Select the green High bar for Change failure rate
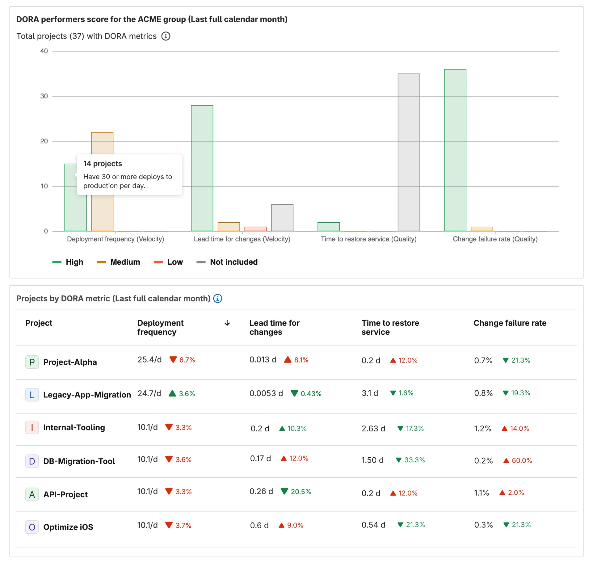point(455,150)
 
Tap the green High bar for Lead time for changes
point(202,168)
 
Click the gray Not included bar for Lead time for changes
point(282,218)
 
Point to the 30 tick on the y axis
point(44,96)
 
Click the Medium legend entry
point(119,262)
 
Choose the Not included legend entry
point(227,262)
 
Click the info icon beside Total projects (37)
point(166,36)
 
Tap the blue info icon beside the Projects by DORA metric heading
point(218,298)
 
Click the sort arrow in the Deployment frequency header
point(227,323)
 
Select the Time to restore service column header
point(390,327)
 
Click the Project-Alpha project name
point(70,362)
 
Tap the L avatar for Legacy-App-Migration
point(32,395)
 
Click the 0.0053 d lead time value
point(266,393)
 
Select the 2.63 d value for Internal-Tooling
point(373,429)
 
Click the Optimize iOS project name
point(68,527)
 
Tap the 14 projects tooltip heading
point(103,164)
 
